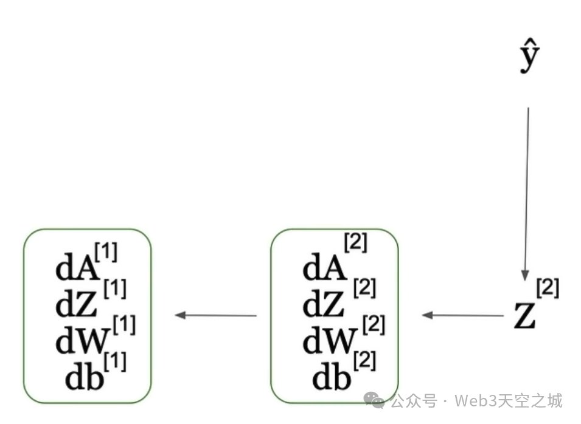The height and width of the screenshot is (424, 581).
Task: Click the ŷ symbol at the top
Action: (529, 58)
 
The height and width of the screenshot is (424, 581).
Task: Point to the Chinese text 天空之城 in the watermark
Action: (529, 401)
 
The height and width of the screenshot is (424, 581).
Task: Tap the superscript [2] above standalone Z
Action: (547, 287)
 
